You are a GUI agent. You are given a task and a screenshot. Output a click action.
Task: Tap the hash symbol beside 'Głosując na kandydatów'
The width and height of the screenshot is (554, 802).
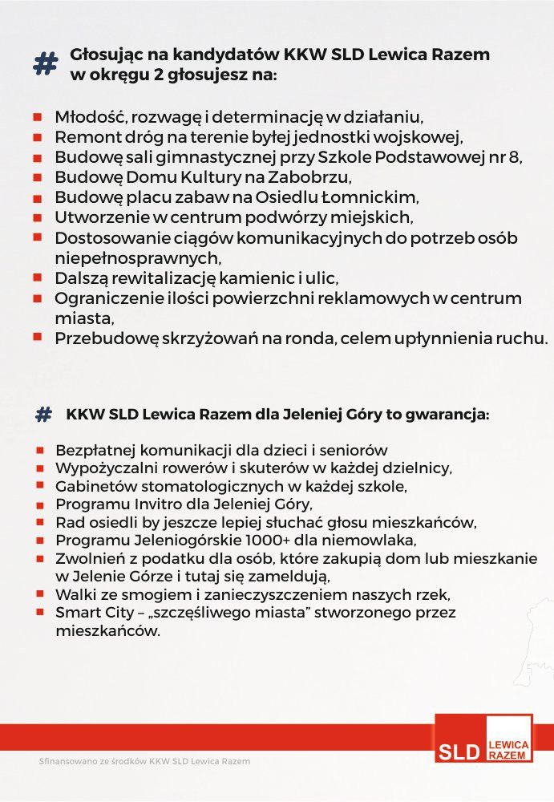pyautogui.click(x=46, y=64)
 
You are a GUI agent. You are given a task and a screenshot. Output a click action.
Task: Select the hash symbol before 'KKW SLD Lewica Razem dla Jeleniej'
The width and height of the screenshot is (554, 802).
pyautogui.click(x=43, y=415)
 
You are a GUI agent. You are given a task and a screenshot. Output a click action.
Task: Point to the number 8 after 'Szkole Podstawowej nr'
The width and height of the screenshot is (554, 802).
pyautogui.click(x=517, y=156)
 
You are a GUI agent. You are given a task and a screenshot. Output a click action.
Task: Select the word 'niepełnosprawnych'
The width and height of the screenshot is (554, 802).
pyautogui.click(x=135, y=258)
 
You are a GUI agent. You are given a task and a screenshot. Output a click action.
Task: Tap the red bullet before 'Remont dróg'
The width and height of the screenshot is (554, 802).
pyautogui.click(x=37, y=137)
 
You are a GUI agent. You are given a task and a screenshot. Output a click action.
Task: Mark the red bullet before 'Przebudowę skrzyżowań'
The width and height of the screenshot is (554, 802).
pyautogui.click(x=37, y=337)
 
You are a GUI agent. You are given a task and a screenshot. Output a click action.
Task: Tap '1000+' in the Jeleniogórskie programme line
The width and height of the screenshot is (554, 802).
pyautogui.click(x=263, y=540)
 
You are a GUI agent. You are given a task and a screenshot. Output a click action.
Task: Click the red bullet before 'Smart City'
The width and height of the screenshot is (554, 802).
pyautogui.click(x=38, y=613)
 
